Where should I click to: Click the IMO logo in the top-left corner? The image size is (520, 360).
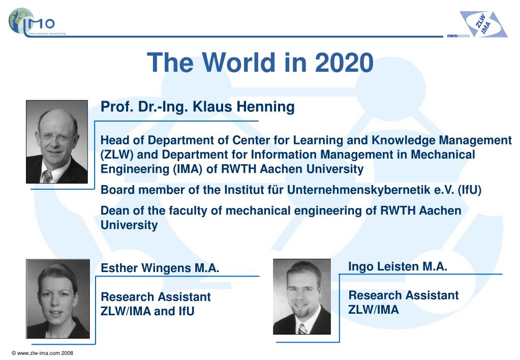click(32, 21)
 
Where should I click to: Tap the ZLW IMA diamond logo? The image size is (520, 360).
click(483, 24)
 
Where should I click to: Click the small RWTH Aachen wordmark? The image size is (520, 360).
click(457, 36)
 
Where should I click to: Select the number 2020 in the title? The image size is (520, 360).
click(344, 63)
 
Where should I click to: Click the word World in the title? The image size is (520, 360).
click(233, 63)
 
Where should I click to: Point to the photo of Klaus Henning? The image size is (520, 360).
click(57, 141)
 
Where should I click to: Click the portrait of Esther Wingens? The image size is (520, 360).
click(58, 299)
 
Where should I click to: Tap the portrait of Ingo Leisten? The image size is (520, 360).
click(302, 296)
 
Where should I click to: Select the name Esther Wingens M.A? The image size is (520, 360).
click(160, 268)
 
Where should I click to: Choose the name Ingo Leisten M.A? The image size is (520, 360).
click(397, 266)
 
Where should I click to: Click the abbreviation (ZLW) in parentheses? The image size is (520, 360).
click(117, 155)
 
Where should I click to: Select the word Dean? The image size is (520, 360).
click(114, 211)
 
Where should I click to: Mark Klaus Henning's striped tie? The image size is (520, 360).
click(47, 176)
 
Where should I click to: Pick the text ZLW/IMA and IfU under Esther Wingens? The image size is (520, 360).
click(148, 311)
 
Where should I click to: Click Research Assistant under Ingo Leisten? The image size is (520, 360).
click(404, 295)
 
